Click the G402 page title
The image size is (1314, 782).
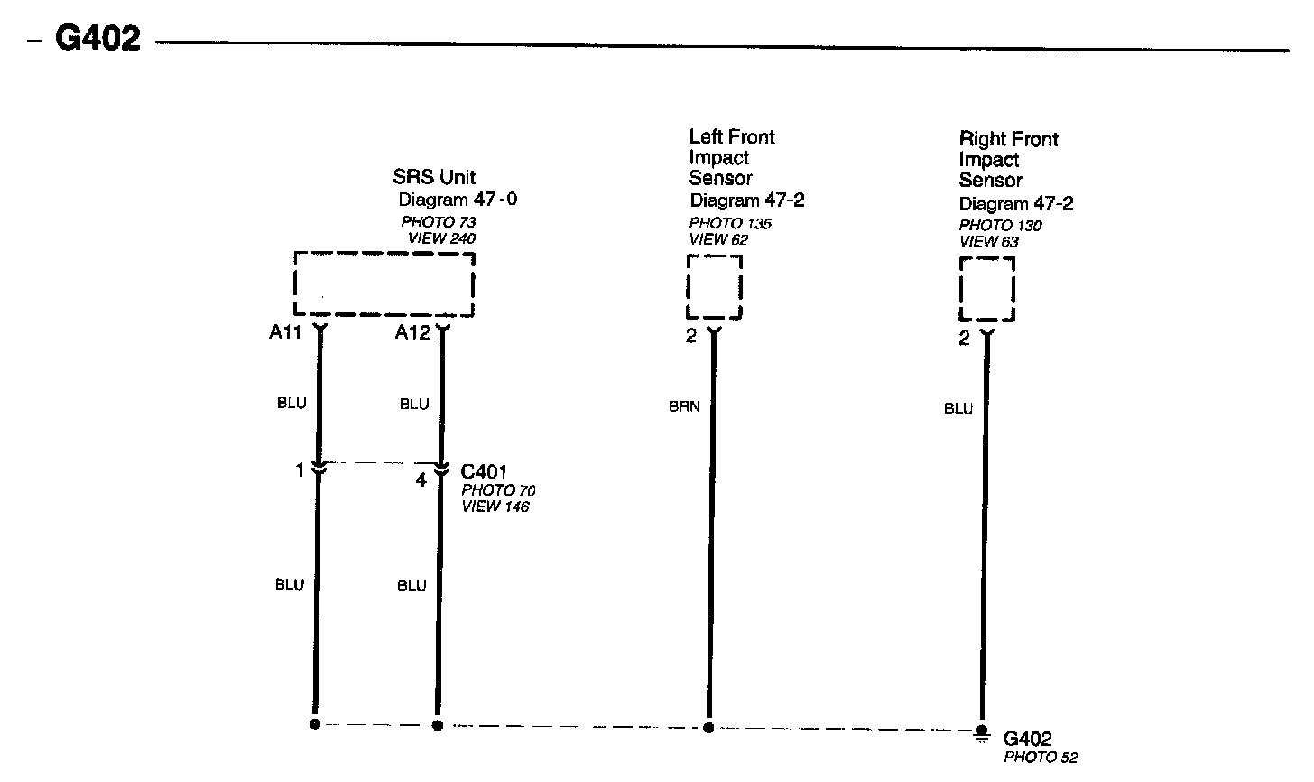97,39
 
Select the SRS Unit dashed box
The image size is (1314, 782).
384,284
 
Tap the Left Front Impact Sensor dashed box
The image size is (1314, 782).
715,287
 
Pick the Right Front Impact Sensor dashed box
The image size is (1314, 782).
986,289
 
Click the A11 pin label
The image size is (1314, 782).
284,332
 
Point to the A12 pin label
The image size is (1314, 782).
412,332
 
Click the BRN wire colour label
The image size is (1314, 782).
684,407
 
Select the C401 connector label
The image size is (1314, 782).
484,471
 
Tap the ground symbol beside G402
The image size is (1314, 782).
981,732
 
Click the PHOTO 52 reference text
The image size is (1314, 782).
1041,758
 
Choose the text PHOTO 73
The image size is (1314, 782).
439,222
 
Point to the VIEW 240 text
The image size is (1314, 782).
441,238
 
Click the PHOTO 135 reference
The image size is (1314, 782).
731,224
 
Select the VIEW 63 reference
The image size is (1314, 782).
988,241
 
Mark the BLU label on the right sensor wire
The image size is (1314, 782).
958,409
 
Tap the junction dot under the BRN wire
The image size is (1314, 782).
708,727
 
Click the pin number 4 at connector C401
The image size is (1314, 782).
421,480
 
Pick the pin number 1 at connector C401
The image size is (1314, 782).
300,470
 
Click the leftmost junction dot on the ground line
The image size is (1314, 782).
315,724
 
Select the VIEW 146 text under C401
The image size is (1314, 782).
495,507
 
